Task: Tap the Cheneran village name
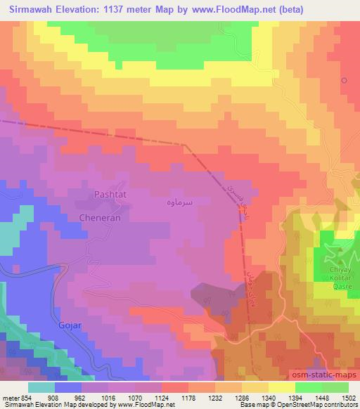(100, 219)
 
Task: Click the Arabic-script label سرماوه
(196, 201)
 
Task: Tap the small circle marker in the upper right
(344, 80)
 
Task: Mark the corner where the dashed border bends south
(185, 145)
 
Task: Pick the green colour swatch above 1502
(335, 387)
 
